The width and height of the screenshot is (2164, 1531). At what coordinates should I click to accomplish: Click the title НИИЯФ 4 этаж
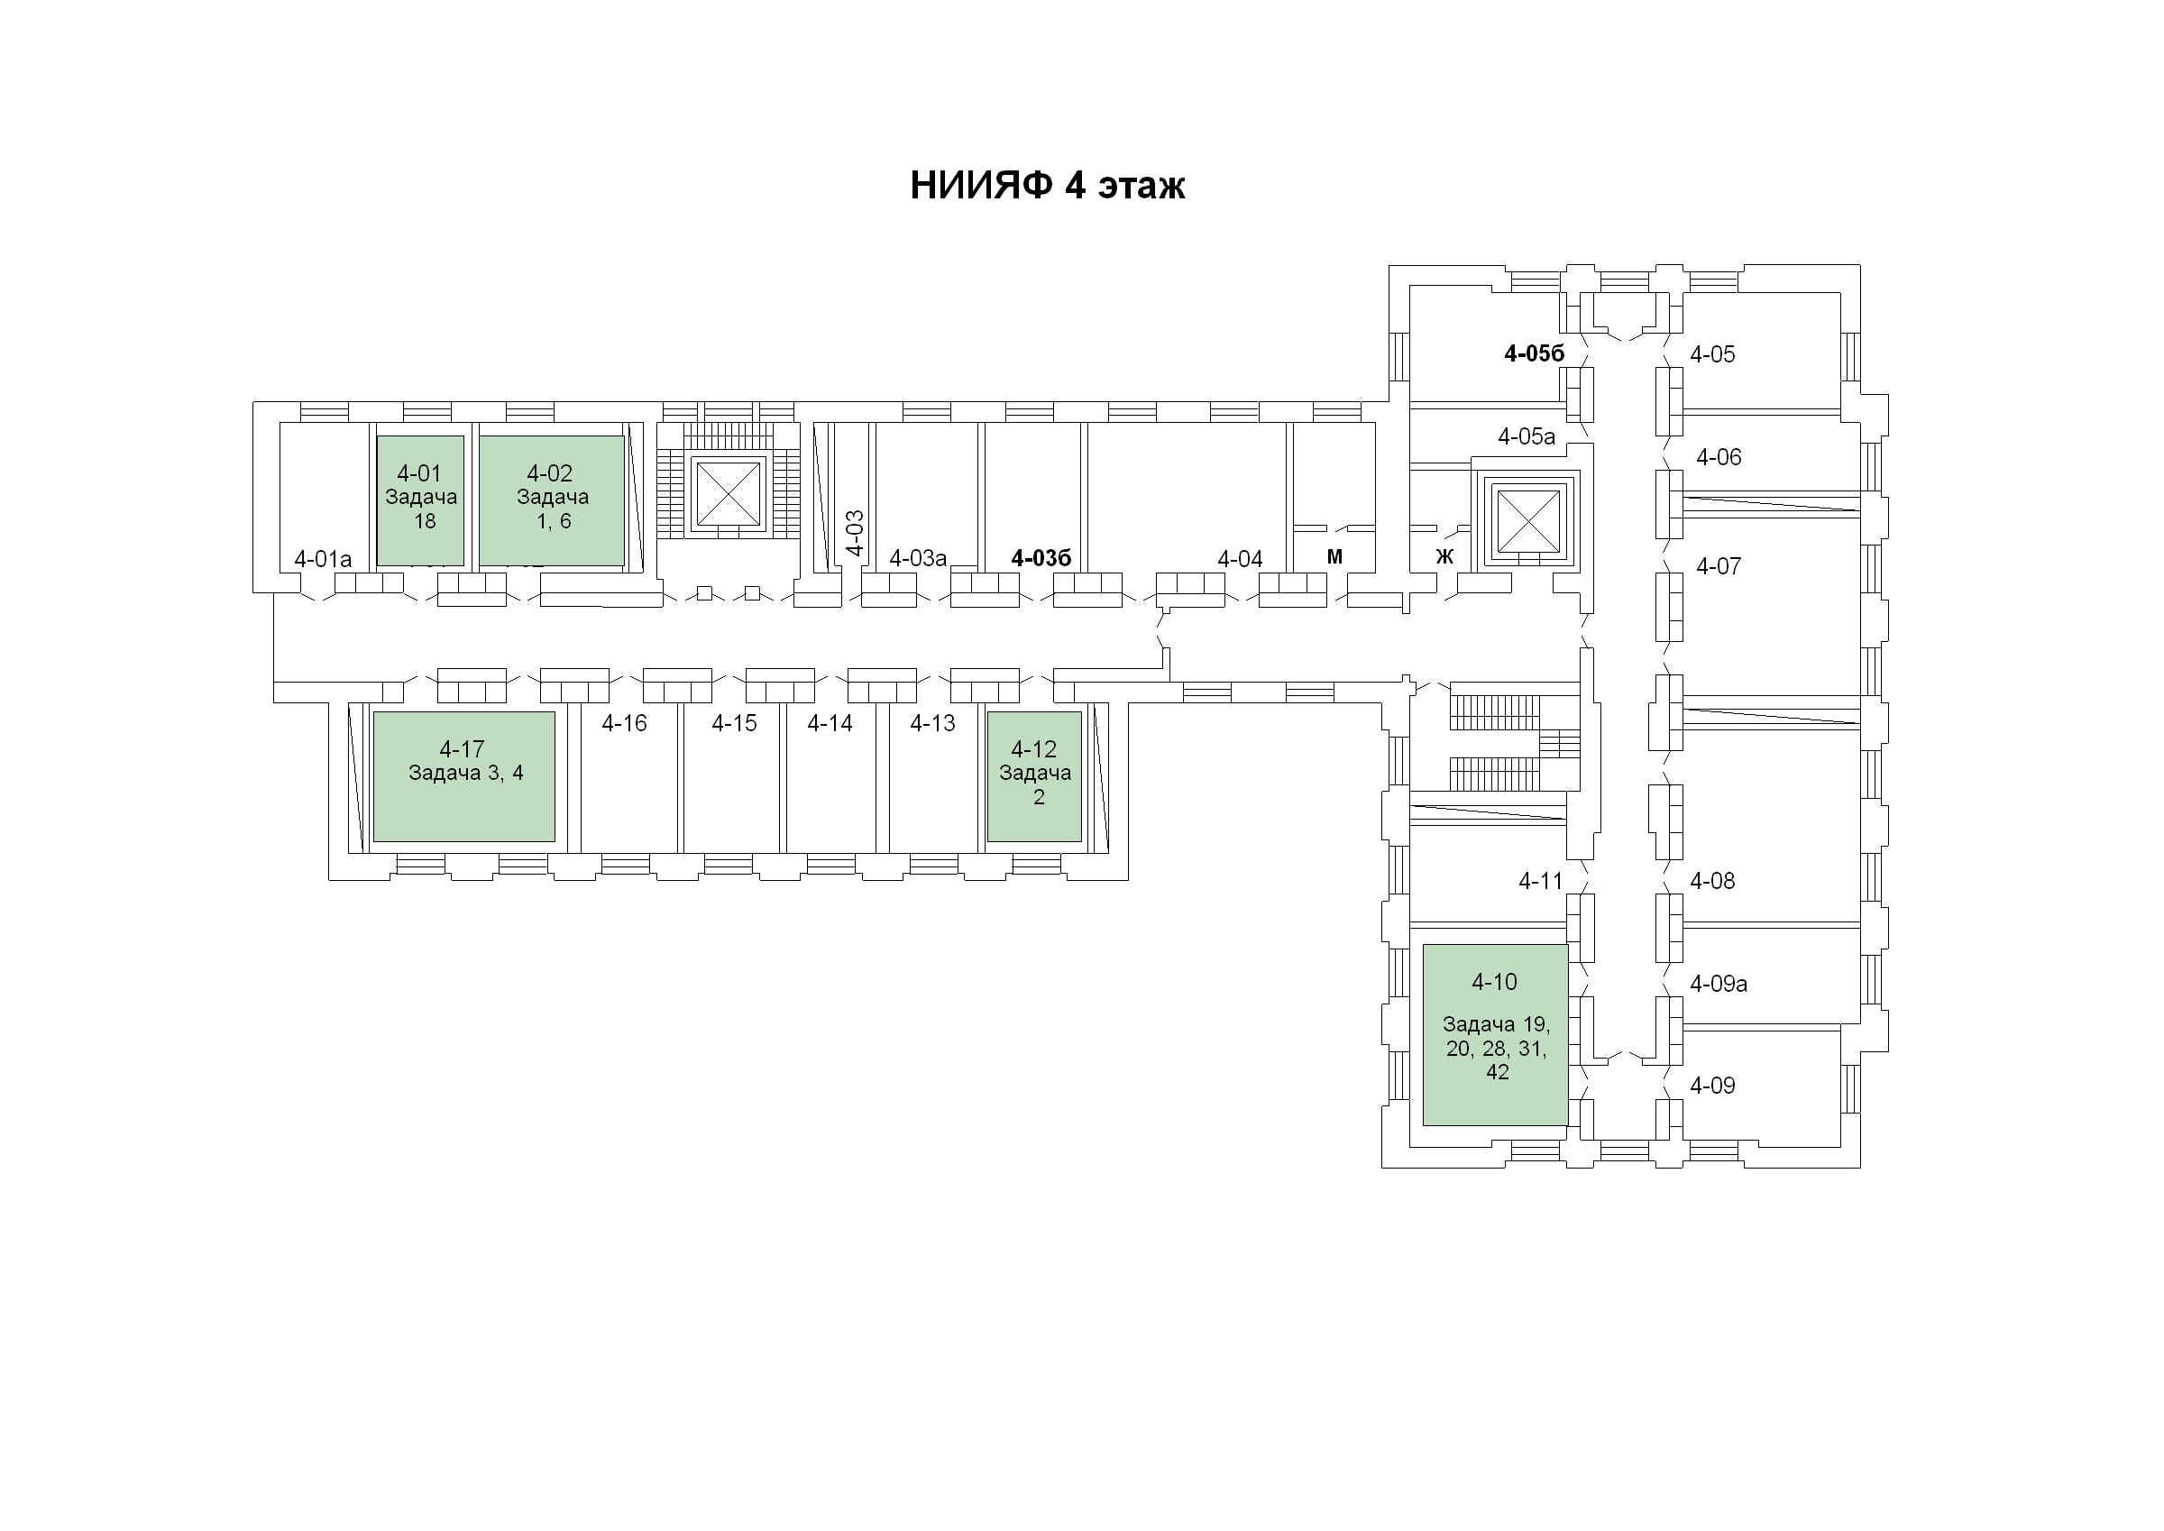pos(1046,186)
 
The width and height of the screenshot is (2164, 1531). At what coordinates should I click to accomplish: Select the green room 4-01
pos(420,500)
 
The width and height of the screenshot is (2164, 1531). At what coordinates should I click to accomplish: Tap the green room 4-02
pos(551,500)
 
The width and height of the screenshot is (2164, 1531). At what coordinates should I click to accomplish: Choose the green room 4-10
pos(1495,1034)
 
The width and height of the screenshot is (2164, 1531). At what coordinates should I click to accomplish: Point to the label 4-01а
pos(322,559)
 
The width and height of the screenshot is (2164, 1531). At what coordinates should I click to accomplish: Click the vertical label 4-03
pos(854,533)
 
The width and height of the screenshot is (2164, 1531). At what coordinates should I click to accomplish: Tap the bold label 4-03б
pos(1041,558)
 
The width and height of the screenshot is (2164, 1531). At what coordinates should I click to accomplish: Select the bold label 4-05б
pos(1534,353)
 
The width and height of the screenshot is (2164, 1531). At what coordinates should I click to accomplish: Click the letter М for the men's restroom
pos(1334,557)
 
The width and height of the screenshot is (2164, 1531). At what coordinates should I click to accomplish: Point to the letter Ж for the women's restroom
pos(1444,557)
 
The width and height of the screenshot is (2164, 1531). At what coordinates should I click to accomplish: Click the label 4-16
pos(624,723)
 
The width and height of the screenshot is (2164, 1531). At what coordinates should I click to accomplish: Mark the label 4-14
pos(830,723)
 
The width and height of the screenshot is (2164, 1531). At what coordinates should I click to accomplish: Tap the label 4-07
pos(1718,565)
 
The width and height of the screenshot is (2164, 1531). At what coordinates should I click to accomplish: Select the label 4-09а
pos(1718,984)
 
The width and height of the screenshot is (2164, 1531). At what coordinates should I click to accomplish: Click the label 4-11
pos(1540,881)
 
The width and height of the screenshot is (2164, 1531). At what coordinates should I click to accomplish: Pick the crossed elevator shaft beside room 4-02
pos(727,494)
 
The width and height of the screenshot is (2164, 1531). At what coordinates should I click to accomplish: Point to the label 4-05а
pos(1526,436)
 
